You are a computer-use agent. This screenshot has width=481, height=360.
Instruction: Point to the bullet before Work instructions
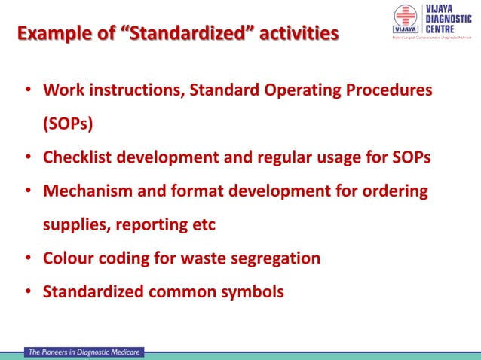[28, 90]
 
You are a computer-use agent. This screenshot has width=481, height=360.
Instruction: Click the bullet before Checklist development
[28, 157]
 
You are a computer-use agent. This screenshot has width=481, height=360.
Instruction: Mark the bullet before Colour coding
[28, 258]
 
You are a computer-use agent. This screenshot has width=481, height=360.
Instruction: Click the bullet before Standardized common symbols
[28, 291]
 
